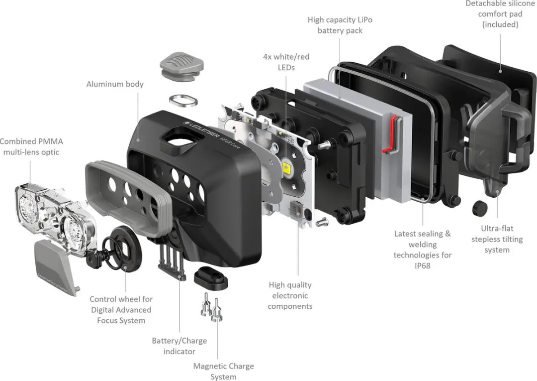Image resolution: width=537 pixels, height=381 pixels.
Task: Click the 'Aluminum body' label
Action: coord(115,84)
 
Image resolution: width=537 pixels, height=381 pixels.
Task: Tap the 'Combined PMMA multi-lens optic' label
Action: coord(31,147)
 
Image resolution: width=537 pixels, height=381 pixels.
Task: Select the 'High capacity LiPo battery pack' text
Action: coord(340,25)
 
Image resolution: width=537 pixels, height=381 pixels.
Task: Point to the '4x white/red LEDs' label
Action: coord(286,62)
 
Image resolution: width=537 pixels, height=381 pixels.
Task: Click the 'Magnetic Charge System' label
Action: coord(224,372)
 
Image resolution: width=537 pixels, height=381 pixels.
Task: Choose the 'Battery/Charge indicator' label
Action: coord(179,346)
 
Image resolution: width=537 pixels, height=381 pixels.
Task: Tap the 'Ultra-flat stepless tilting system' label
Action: coord(497,239)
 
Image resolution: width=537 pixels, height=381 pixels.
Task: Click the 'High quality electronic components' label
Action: coord(290,296)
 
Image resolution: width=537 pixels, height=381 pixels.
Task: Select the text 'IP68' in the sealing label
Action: coord(422,266)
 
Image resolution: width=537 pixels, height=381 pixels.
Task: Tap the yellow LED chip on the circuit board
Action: coord(287,168)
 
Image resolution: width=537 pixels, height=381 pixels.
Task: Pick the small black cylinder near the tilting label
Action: coord(479,208)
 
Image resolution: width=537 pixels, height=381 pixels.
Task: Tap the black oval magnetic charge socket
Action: coord(211,277)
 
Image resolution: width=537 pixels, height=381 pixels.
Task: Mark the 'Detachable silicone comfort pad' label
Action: coord(500,14)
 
